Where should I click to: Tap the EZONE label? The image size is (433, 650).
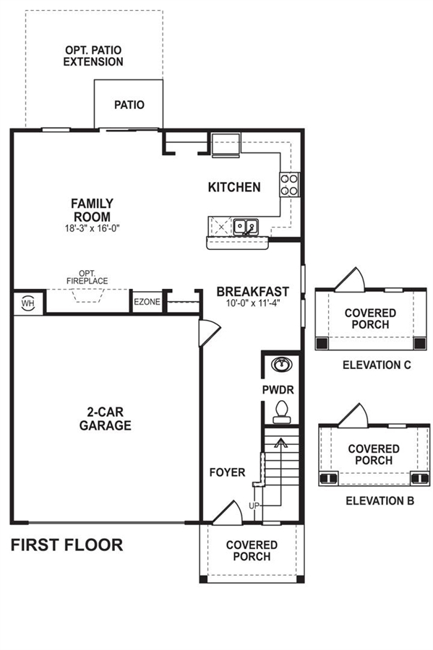point(147,302)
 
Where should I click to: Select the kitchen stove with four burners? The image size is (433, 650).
point(289,184)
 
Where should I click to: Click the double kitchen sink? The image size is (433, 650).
point(246,227)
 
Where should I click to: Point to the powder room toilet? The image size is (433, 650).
point(282,412)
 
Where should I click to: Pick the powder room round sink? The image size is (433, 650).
point(282,365)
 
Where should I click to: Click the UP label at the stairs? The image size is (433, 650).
point(254,506)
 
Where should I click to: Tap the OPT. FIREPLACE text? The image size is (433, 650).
point(87,277)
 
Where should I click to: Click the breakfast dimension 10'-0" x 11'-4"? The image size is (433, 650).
point(253,303)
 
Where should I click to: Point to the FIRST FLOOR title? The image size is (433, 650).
point(67,545)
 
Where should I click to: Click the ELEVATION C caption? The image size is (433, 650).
point(377,365)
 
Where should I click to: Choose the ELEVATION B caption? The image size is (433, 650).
point(380,500)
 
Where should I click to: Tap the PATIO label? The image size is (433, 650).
point(129,105)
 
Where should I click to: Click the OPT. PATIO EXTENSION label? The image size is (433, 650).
point(93,56)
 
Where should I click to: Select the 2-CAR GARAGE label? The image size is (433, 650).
point(106,419)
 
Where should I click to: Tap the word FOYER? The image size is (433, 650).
point(227,472)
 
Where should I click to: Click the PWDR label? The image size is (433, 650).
point(278,390)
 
